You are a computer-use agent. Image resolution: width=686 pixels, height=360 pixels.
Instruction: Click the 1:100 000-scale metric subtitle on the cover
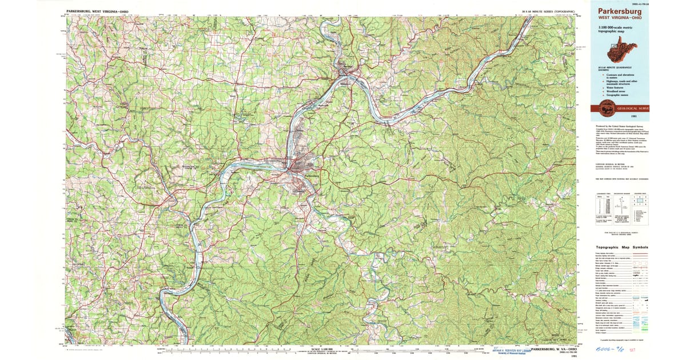point(615,29)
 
